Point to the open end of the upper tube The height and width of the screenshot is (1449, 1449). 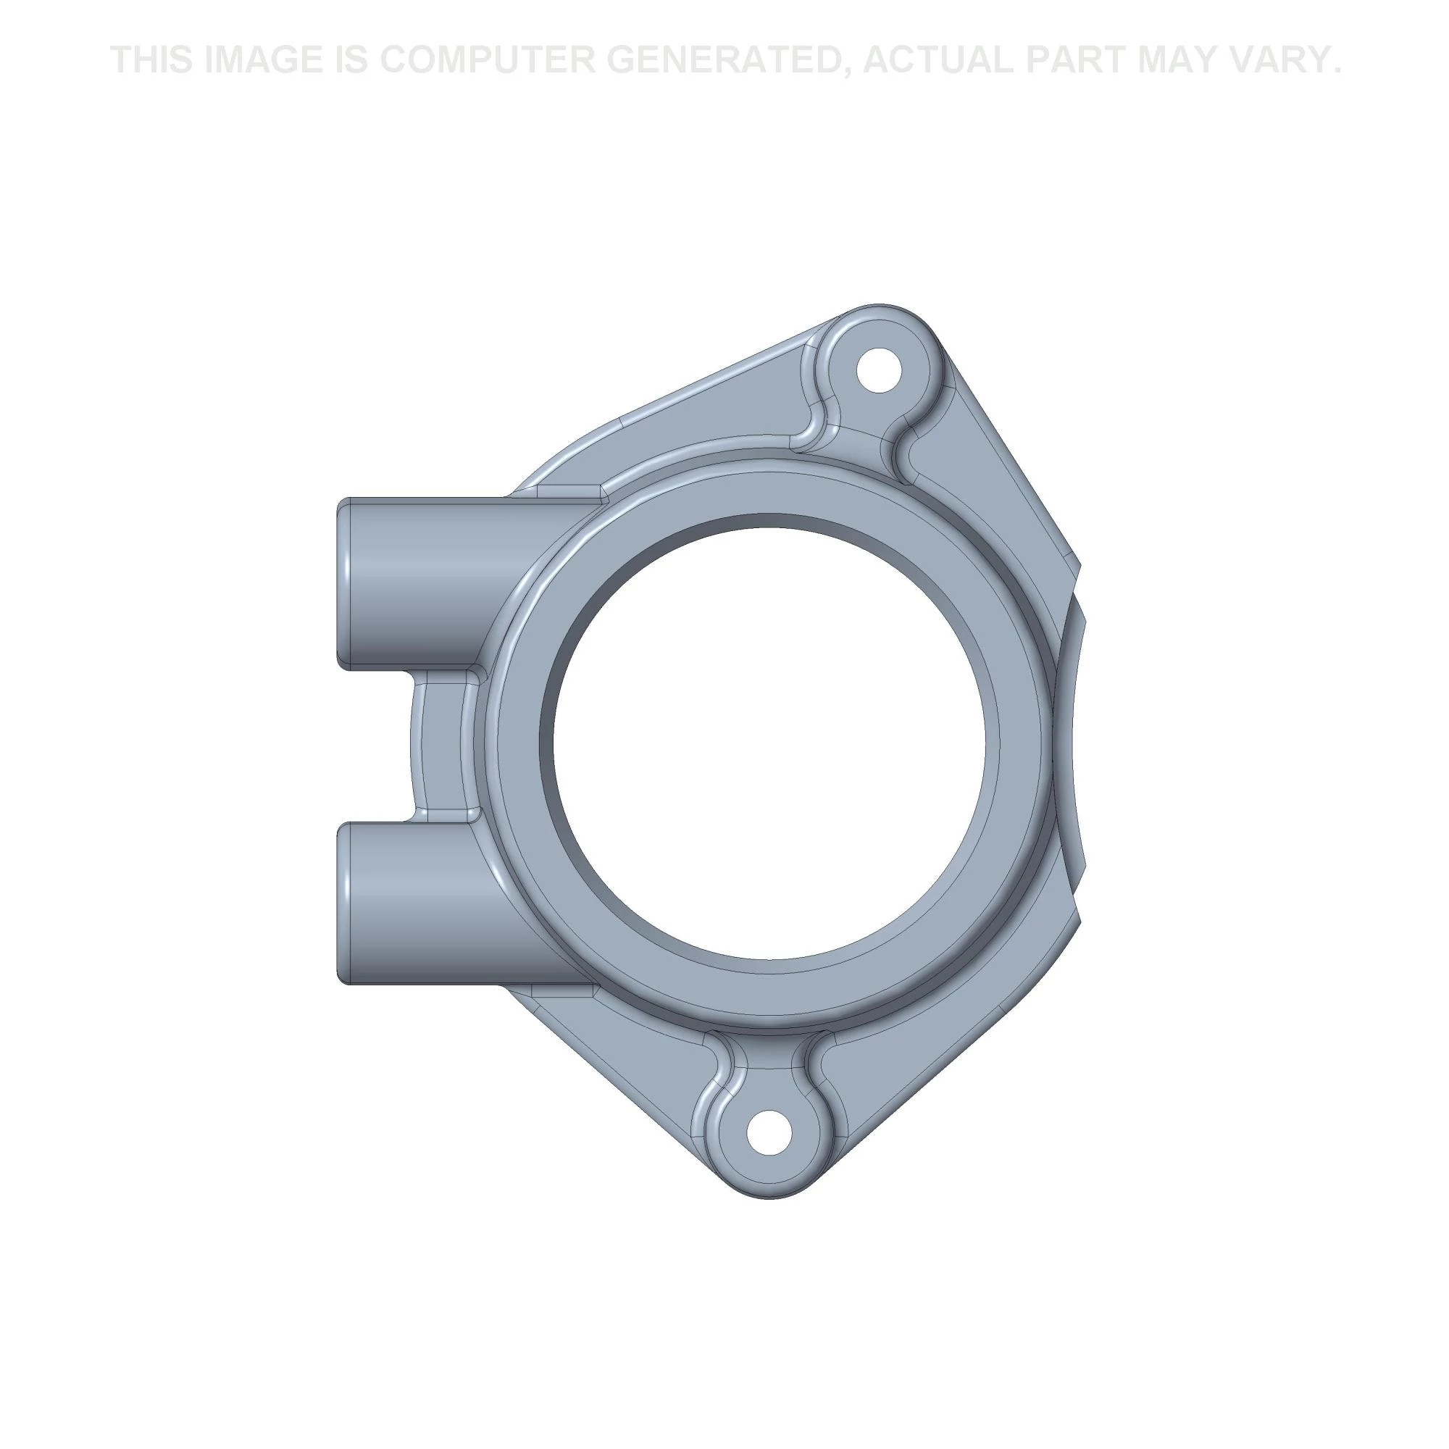tap(344, 582)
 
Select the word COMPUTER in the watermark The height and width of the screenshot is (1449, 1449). tap(483, 60)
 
